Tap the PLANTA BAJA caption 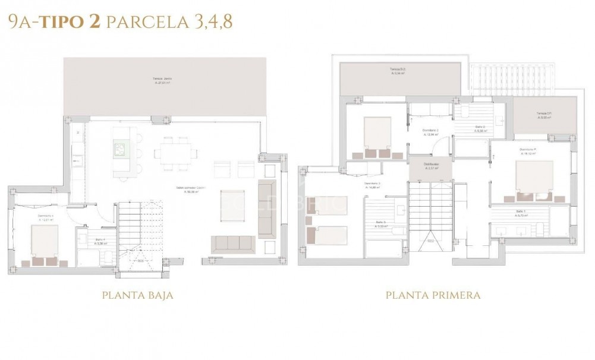pos(137,295)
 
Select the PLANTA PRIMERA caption pos(433,295)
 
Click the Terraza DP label pos(546,115)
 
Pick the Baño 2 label pos(480,128)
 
